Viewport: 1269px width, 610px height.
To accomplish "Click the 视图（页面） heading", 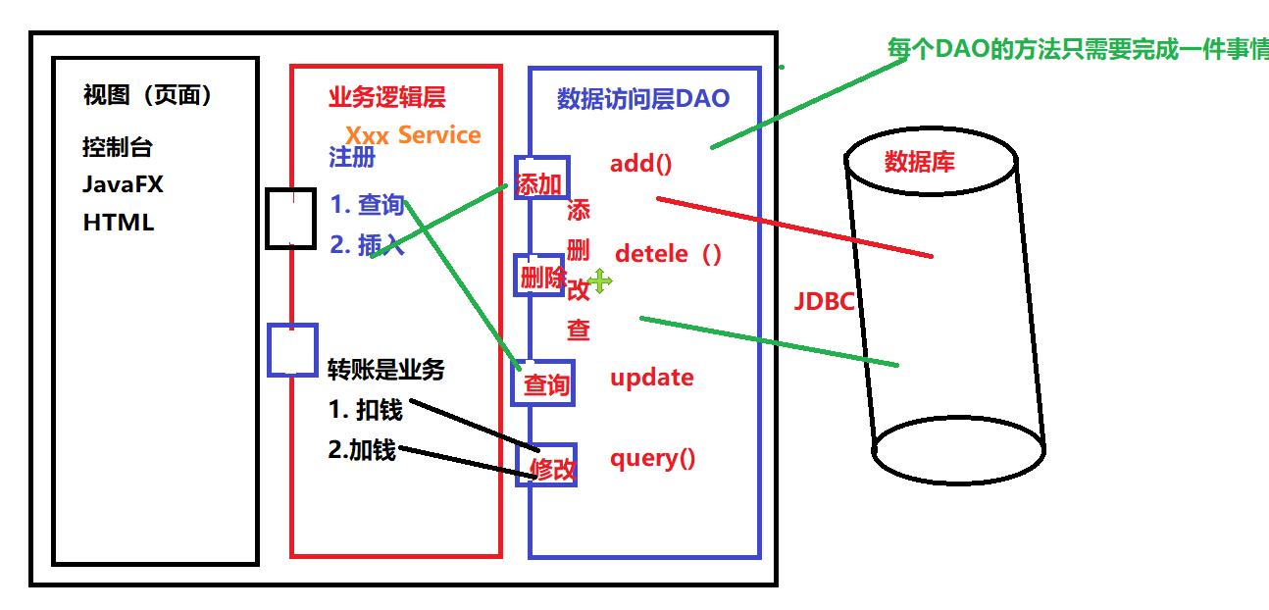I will click(x=148, y=95).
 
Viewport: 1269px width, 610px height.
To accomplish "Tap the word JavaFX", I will click(x=123, y=184).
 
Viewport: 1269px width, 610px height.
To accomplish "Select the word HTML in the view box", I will click(x=119, y=223).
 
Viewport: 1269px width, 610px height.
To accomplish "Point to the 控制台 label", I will click(x=118, y=148).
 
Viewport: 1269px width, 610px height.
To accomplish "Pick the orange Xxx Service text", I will click(x=413, y=135).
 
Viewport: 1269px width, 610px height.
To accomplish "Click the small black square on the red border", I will click(x=291, y=217).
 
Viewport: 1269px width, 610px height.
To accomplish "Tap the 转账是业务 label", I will click(x=385, y=370).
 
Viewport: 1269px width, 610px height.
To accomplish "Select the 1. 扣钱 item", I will click(x=366, y=409).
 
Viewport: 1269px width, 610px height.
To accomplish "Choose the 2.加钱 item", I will click(x=362, y=450).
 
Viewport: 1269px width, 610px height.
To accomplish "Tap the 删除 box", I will click(x=541, y=279).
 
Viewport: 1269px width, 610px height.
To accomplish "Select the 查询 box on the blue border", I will click(x=544, y=383).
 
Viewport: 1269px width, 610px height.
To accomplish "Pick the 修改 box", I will click(x=550, y=467).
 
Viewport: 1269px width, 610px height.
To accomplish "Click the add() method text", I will click(x=640, y=163).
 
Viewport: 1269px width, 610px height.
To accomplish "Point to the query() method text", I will click(x=653, y=458).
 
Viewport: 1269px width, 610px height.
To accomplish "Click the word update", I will click(x=652, y=378).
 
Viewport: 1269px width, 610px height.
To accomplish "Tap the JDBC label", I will click(x=824, y=301).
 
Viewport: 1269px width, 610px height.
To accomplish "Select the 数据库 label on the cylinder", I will click(x=919, y=162).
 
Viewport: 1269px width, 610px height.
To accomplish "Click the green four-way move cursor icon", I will click(x=599, y=281).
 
